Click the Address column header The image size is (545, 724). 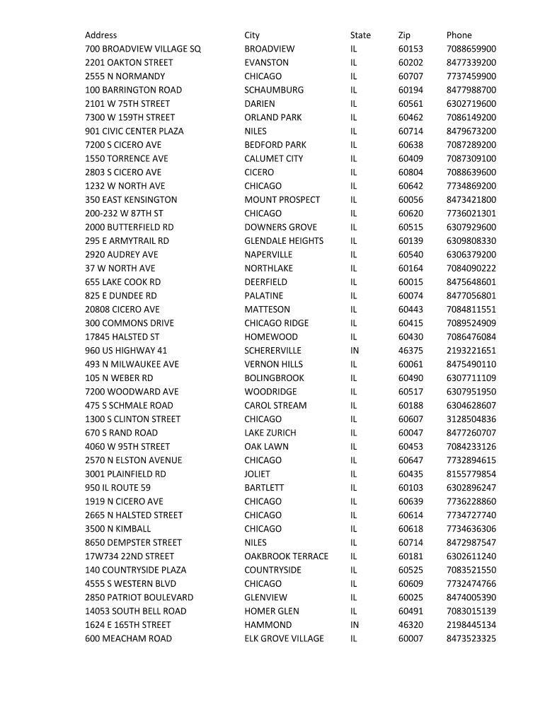[x=101, y=35]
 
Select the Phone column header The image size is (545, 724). [x=459, y=35]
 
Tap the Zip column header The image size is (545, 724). [x=404, y=35]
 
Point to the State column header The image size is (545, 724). [x=360, y=35]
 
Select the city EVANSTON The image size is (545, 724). [x=267, y=63]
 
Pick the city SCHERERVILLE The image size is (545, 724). [x=272, y=351]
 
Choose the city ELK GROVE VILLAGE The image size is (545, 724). [x=284, y=638]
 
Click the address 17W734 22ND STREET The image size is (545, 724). [x=130, y=556]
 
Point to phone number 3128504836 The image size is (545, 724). [x=471, y=419]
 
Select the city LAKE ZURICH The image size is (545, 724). [x=270, y=433]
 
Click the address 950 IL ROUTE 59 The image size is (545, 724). [x=117, y=488]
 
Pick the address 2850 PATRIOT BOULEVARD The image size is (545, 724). [x=139, y=597]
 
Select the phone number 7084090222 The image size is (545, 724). [x=471, y=269]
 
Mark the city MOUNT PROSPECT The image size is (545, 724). [x=282, y=200]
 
